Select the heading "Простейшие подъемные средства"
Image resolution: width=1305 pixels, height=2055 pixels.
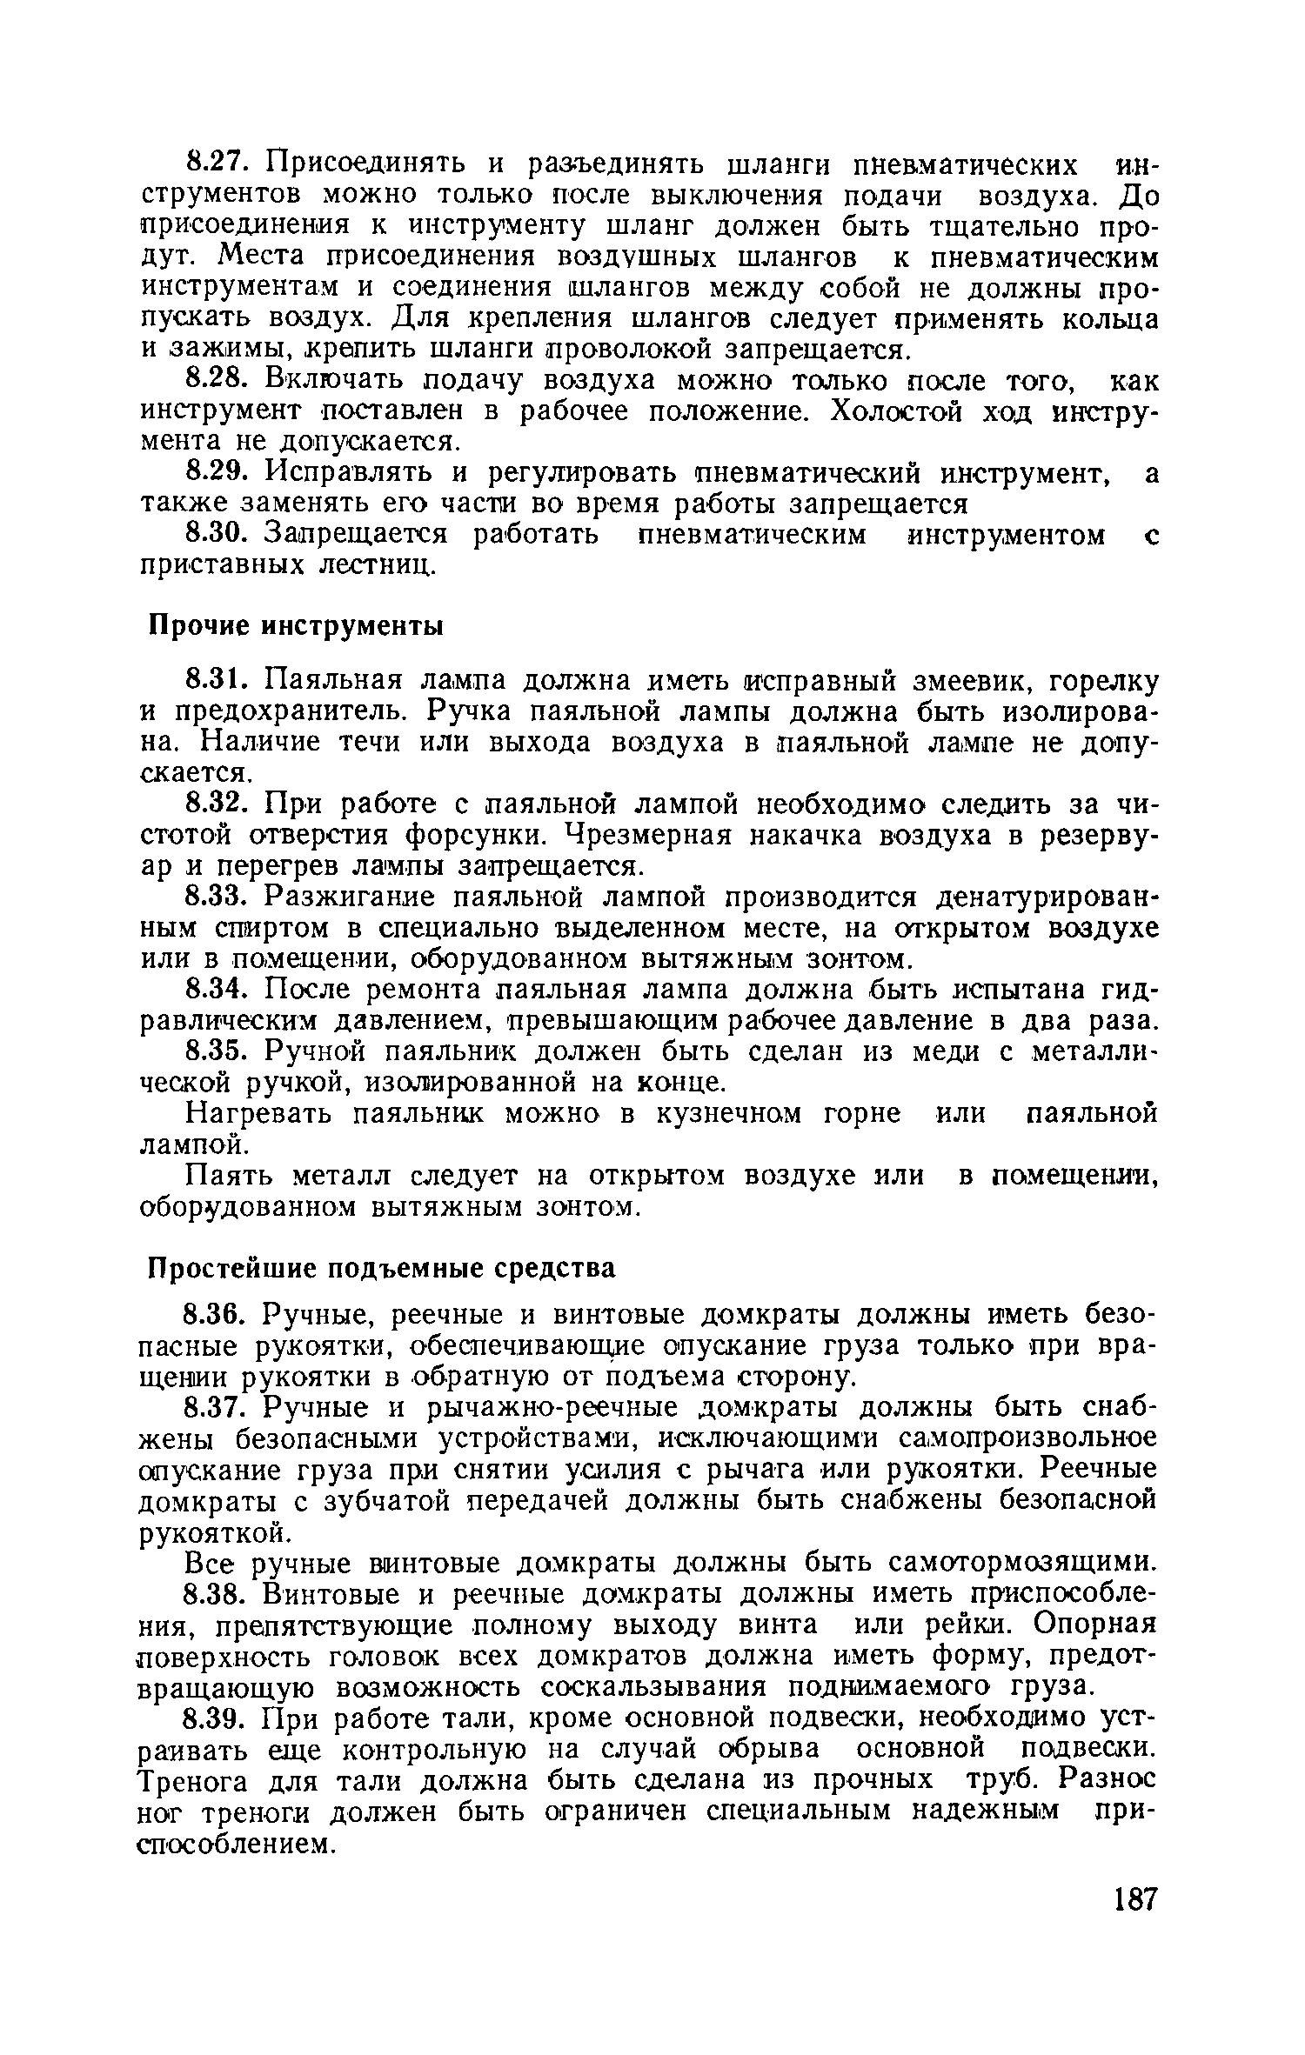point(378,1269)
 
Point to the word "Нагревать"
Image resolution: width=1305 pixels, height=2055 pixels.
point(258,1114)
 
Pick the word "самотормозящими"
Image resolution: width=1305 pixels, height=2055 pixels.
point(1025,1563)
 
